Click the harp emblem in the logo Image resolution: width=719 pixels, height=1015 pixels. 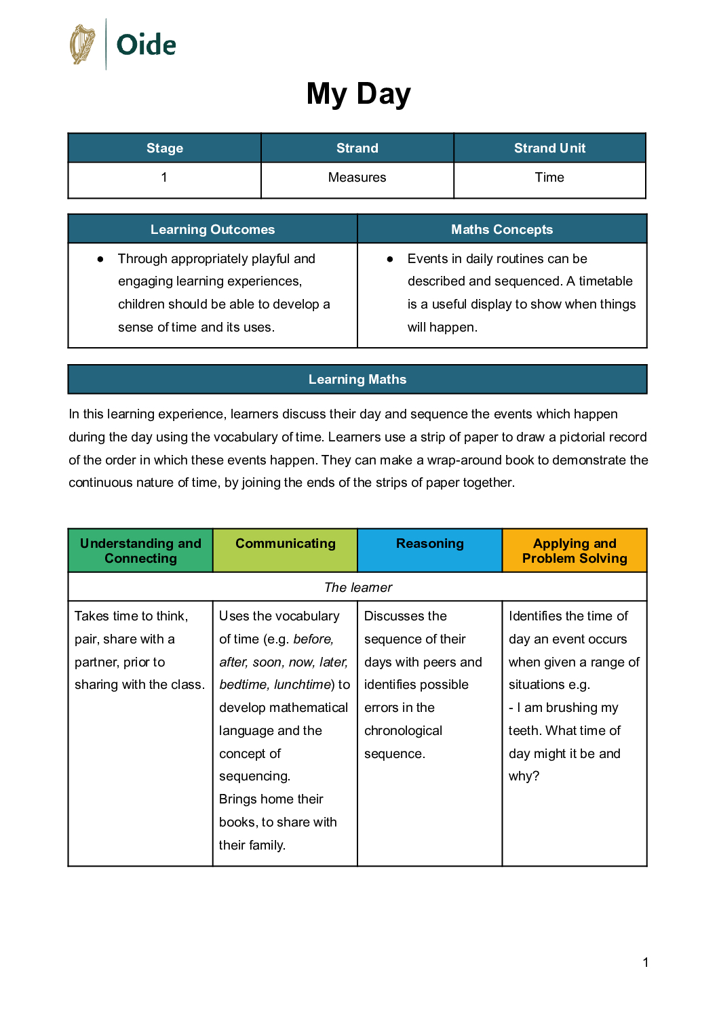[83, 45]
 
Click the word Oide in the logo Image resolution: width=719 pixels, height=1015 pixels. [146, 45]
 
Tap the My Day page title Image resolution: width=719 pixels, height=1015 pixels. [358, 94]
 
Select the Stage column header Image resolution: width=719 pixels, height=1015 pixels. [165, 148]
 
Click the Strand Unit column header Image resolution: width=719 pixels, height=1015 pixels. [549, 148]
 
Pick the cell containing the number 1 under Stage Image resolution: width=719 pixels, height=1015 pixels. [164, 178]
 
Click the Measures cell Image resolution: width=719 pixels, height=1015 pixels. [357, 178]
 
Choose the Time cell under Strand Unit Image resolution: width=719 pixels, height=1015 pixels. [549, 178]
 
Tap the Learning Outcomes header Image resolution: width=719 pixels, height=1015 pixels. [212, 229]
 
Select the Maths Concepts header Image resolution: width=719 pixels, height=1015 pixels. [502, 229]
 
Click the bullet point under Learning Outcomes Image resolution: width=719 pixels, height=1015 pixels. [100, 259]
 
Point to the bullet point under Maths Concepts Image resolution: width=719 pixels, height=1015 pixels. [390, 259]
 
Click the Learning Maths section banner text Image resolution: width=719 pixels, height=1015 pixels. [357, 379]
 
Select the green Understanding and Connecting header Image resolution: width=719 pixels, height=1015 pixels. [140, 551]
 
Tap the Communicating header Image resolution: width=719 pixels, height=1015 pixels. [286, 544]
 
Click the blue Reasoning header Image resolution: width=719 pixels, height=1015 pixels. [430, 544]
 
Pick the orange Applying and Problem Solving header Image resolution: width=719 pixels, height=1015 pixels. [575, 551]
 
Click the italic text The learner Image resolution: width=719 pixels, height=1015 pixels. [358, 587]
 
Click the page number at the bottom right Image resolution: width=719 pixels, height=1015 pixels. [646, 962]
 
